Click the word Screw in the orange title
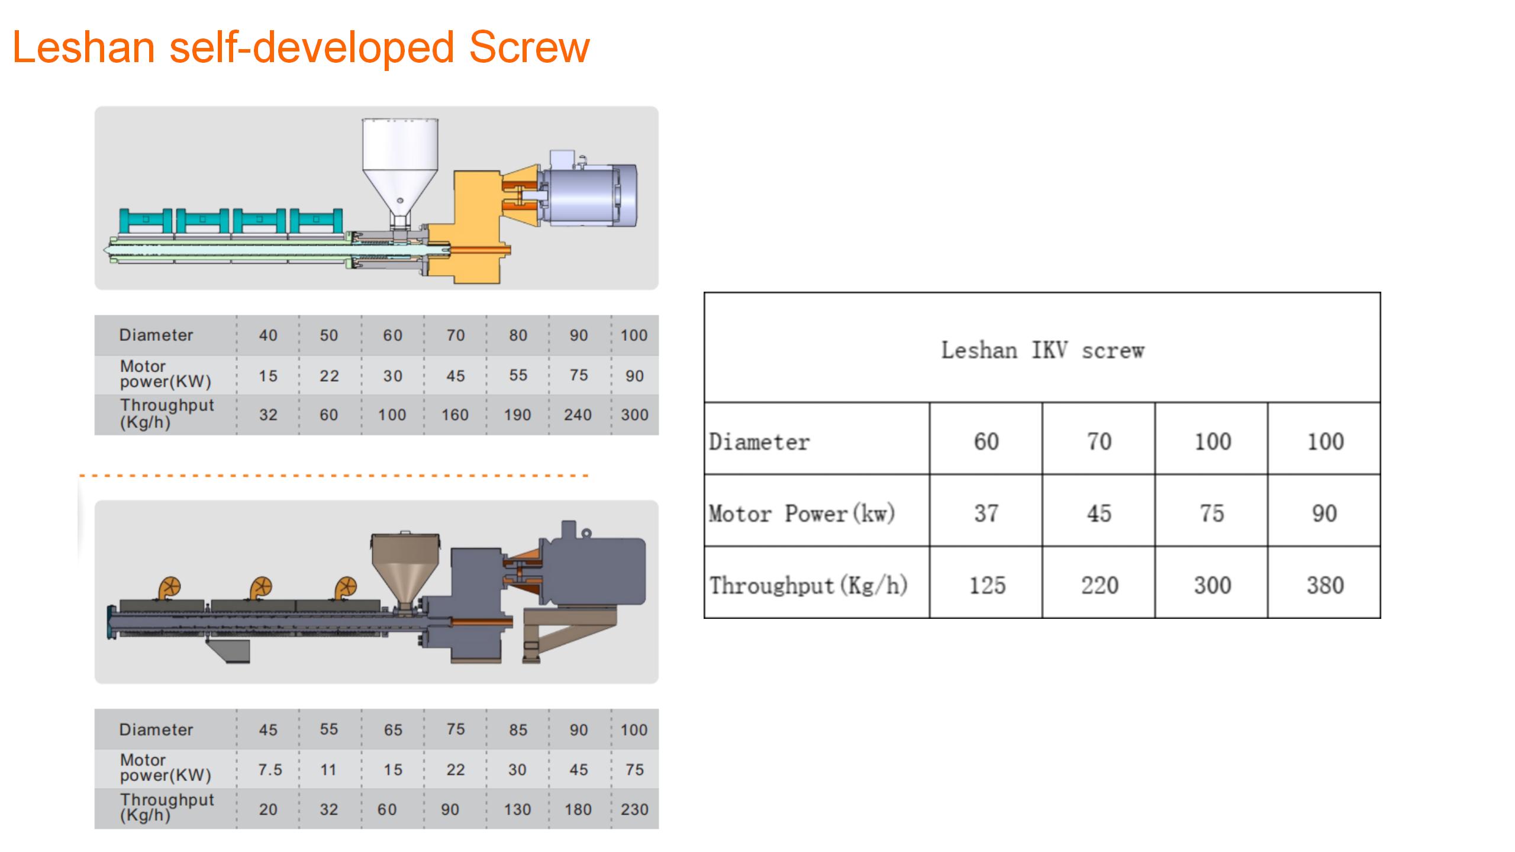(x=530, y=47)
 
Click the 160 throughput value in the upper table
(x=454, y=415)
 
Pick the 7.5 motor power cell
(x=270, y=770)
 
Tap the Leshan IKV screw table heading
(x=1043, y=350)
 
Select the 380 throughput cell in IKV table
(x=1325, y=585)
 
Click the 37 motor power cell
(x=987, y=513)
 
